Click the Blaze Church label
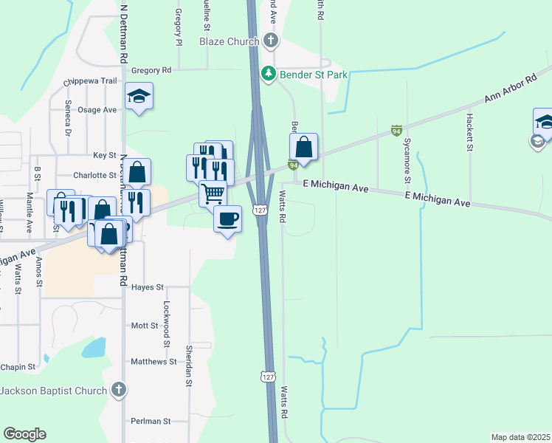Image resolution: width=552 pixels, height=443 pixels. click(x=229, y=42)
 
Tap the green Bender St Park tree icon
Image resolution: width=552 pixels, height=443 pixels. click(x=269, y=74)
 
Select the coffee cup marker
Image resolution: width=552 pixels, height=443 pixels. click(x=227, y=218)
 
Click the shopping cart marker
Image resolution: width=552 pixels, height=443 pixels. click(x=213, y=193)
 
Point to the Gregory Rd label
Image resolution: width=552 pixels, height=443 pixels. click(x=151, y=71)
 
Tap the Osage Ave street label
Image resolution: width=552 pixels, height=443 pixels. click(x=98, y=110)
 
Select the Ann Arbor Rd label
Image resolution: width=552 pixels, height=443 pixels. click(x=509, y=89)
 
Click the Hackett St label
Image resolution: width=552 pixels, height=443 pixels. click(x=469, y=132)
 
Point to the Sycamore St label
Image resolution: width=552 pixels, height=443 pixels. click(x=406, y=163)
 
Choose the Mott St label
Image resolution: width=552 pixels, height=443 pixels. click(x=145, y=326)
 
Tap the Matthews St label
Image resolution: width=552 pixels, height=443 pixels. click(x=153, y=362)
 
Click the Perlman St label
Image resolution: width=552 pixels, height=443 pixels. click(x=151, y=421)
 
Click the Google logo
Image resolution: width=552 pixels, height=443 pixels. click(x=24, y=434)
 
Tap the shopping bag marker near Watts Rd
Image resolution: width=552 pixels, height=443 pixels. click(x=304, y=146)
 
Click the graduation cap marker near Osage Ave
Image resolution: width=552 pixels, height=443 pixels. click(x=139, y=96)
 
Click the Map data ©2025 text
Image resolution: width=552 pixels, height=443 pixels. click(x=520, y=437)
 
